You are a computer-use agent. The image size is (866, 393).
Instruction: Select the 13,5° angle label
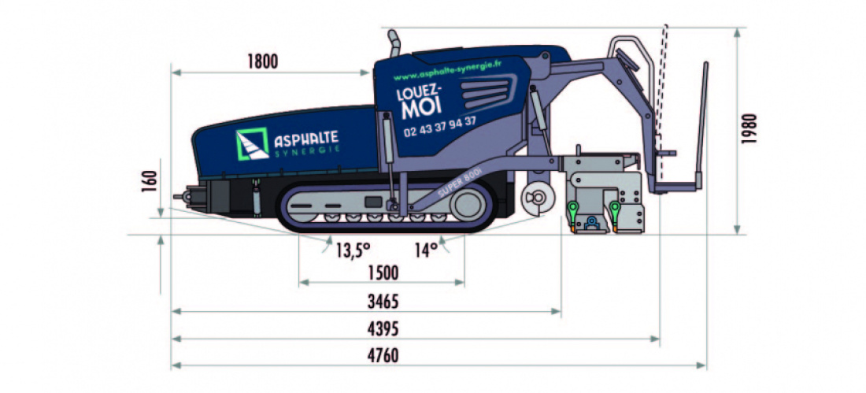pyautogui.click(x=352, y=250)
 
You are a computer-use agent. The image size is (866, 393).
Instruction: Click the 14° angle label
pyautogui.click(x=425, y=250)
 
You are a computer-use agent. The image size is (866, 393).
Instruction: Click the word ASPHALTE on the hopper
pyautogui.click(x=306, y=139)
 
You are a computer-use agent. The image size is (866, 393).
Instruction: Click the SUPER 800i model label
pyautogui.click(x=457, y=187)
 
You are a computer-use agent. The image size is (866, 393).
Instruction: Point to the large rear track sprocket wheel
pyautogui.click(x=471, y=206)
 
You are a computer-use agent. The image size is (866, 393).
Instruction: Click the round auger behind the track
pyautogui.click(x=538, y=197)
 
